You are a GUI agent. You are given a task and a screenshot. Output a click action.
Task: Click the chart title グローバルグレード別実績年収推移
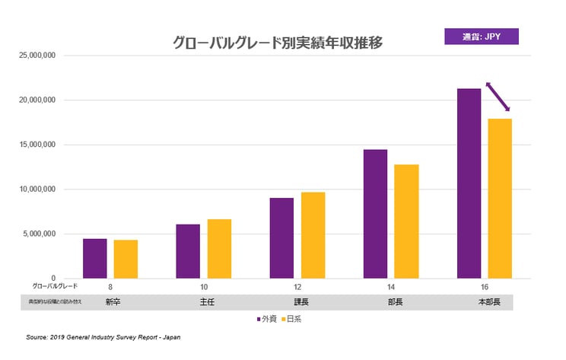tap(278, 43)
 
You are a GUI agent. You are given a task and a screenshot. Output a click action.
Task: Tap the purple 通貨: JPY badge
tap(481, 36)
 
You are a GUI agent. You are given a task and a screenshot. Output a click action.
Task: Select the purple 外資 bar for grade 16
tap(469, 183)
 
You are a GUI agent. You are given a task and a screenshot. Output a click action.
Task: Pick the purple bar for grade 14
tap(375, 213)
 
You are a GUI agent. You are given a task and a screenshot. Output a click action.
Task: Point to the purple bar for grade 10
tap(188, 251)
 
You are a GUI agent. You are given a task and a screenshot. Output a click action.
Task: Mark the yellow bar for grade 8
tap(126, 259)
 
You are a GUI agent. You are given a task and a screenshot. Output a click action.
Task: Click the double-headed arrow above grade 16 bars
tap(498, 97)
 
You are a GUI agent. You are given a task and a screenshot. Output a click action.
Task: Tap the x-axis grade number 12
tap(297, 288)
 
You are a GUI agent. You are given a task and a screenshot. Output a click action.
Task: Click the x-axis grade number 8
tap(110, 288)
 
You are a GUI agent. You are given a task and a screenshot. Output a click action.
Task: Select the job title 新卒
tap(110, 302)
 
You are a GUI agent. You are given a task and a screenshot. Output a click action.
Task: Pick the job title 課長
tap(297, 302)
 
